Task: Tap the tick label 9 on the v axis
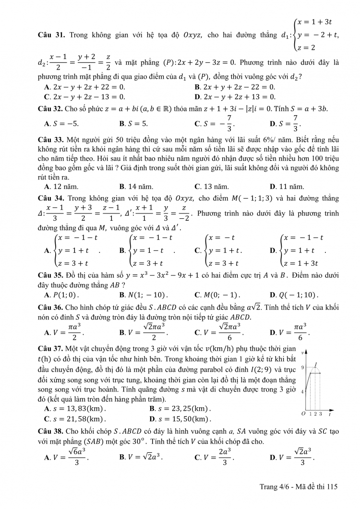pyautogui.click(x=302, y=367)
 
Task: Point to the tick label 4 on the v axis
pyautogui.click(x=302, y=392)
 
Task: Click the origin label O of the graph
pyautogui.click(x=303, y=414)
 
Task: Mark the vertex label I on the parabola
pyautogui.click(x=316, y=364)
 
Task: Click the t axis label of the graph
pyautogui.click(x=330, y=414)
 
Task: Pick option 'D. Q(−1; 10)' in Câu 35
pyautogui.click(x=294, y=295)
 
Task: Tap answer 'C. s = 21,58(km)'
pyautogui.click(x=74, y=419)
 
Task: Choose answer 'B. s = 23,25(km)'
pyautogui.click(x=180, y=408)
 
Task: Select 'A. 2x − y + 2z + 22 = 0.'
pyautogui.click(x=84, y=87)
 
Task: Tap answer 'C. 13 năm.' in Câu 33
pyautogui.click(x=212, y=187)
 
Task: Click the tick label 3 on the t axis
pyautogui.click(x=320, y=414)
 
